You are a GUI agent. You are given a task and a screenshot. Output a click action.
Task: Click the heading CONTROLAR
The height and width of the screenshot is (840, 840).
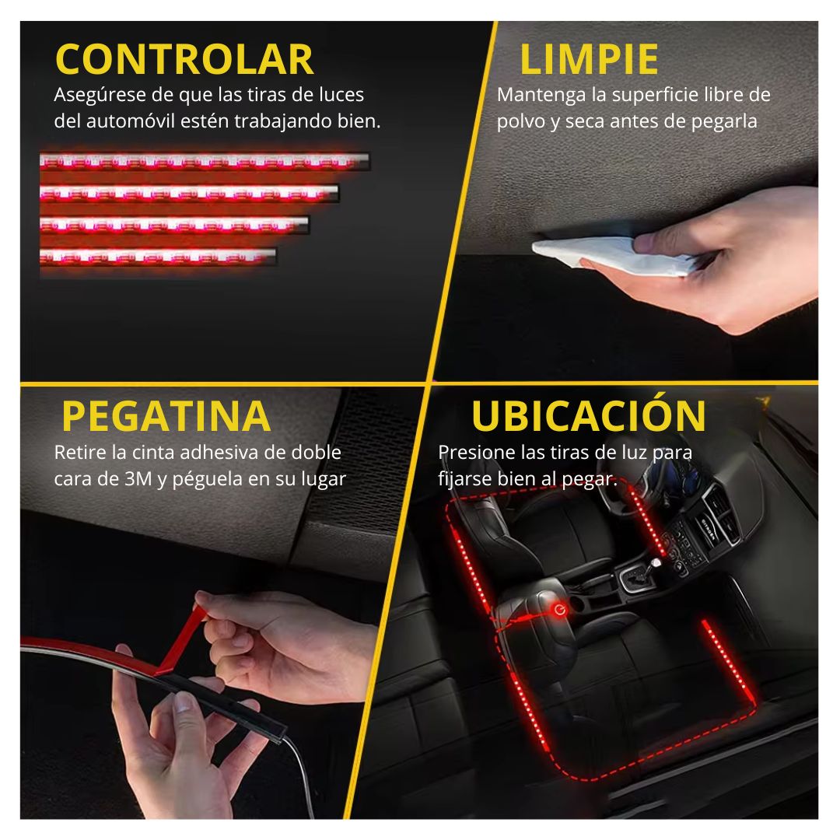click(x=184, y=59)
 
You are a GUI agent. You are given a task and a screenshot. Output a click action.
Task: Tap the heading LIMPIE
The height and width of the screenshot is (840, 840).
click(x=589, y=59)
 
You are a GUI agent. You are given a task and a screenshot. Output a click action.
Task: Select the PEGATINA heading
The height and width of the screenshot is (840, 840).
click(x=166, y=415)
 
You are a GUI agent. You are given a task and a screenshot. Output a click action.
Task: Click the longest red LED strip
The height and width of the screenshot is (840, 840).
click(x=205, y=161)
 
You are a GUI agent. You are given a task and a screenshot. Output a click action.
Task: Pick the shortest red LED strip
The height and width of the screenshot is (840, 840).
click(x=158, y=257)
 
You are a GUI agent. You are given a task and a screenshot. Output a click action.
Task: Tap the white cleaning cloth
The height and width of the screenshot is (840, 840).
click(x=611, y=256)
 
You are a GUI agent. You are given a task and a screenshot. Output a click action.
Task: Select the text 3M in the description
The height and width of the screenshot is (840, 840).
click(x=138, y=478)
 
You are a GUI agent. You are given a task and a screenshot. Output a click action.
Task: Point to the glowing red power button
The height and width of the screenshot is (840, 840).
click(x=560, y=610)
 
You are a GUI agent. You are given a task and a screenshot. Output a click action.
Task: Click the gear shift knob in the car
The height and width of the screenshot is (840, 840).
click(x=655, y=564)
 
